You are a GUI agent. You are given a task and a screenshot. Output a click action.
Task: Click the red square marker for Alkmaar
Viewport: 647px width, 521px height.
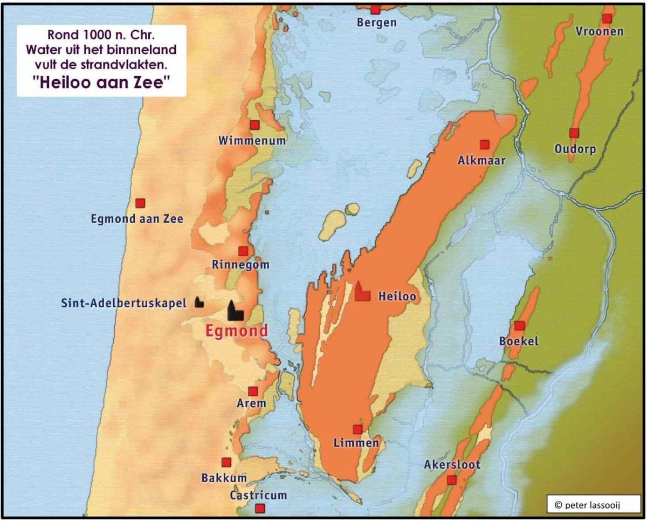[484, 145]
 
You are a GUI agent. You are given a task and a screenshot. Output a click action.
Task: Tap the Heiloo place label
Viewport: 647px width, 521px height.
[397, 296]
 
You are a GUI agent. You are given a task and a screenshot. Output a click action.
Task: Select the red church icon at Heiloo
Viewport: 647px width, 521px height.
[362, 291]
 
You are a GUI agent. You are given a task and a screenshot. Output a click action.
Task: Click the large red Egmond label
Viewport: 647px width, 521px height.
[236, 331]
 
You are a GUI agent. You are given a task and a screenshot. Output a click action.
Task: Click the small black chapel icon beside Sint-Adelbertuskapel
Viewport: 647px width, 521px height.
[199, 302]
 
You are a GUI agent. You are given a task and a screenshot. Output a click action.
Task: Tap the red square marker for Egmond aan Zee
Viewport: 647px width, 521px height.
[140, 203]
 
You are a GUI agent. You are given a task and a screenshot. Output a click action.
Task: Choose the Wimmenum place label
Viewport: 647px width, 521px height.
[252, 141]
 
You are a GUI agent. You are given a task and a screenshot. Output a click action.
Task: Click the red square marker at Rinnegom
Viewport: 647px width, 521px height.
[243, 251]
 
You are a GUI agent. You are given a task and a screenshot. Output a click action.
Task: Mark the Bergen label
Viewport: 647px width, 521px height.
[377, 23]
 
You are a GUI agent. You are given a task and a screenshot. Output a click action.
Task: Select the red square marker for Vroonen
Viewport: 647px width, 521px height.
[607, 18]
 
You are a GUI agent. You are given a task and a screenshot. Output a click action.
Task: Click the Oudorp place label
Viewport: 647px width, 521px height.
[575, 149]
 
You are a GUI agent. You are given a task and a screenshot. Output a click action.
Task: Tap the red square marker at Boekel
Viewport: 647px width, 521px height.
[519, 326]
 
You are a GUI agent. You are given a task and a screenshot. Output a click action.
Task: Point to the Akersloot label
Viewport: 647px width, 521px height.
[452, 464]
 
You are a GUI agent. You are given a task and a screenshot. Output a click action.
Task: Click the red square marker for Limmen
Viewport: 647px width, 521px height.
[357, 429]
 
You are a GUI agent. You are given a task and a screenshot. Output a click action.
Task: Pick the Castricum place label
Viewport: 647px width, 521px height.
[258, 495]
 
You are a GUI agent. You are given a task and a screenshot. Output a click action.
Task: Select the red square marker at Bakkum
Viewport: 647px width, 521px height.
[226, 462]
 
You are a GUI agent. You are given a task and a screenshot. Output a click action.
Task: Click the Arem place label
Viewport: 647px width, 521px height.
[251, 403]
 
